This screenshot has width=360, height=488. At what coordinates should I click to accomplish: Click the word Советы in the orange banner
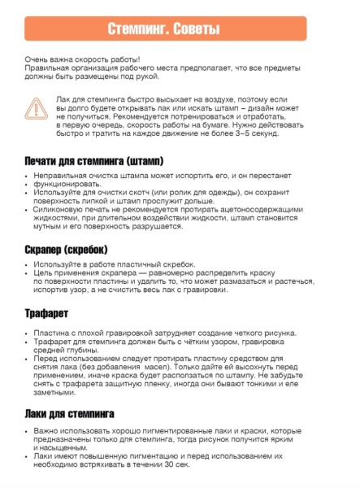tap(197, 29)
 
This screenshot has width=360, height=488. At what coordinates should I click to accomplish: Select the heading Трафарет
tap(46, 313)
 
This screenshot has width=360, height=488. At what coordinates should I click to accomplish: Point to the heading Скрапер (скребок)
tap(66, 250)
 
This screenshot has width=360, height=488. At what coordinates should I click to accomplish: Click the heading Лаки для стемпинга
tap(69, 413)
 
